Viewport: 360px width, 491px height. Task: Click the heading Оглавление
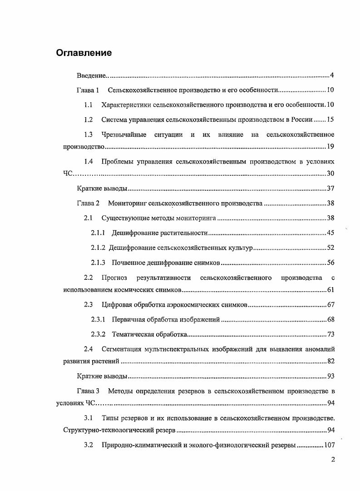(x=84, y=53)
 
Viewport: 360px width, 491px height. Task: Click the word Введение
(x=91, y=75)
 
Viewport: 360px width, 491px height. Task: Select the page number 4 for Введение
(x=332, y=75)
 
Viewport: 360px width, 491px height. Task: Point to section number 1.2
(x=89, y=119)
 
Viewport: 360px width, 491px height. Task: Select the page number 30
(x=330, y=174)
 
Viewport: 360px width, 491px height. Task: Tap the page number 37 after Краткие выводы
(x=330, y=189)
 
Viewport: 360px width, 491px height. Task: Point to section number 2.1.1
(x=98, y=233)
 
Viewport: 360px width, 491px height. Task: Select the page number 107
(x=328, y=445)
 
